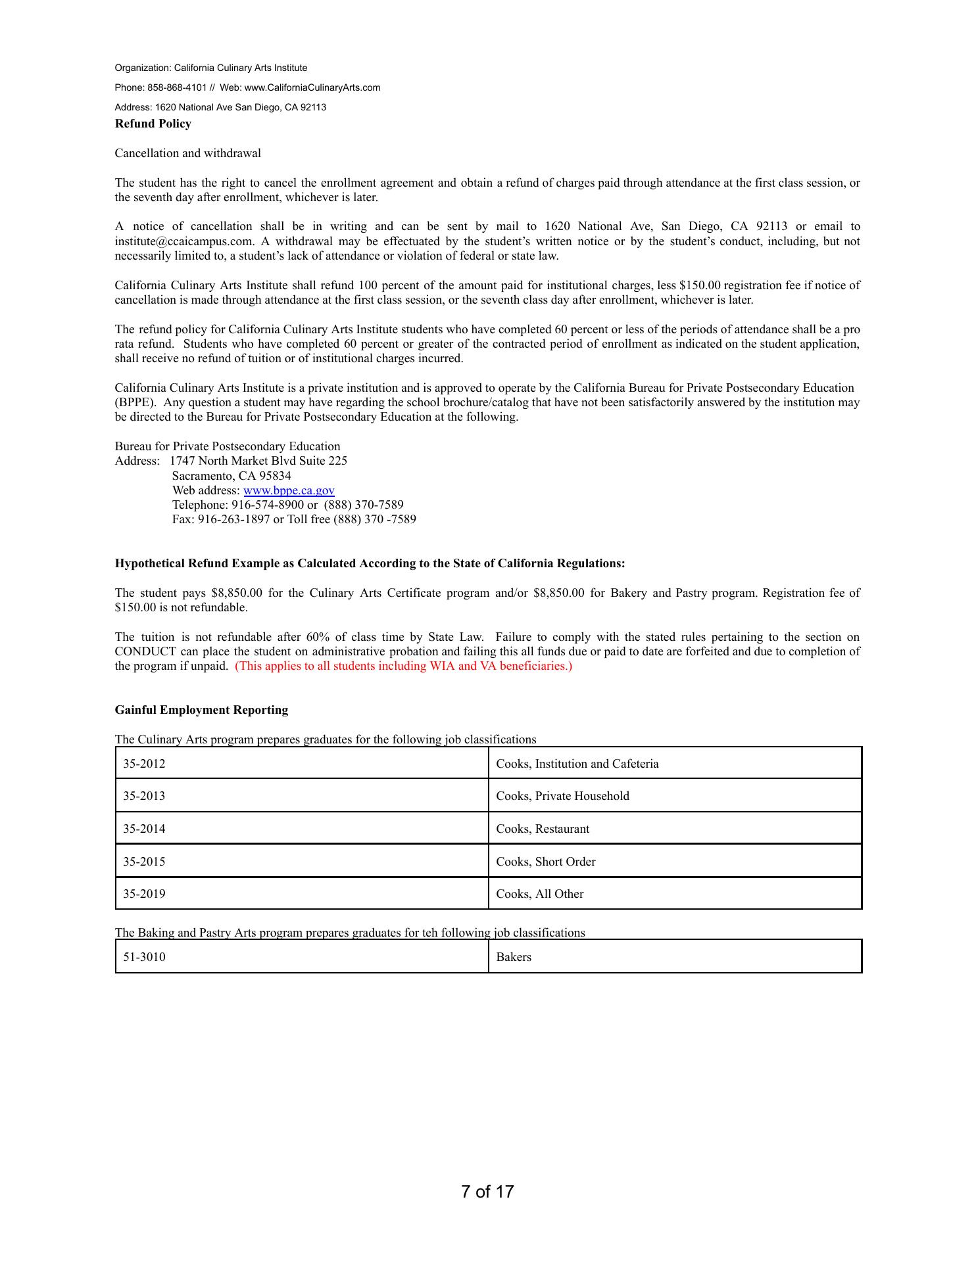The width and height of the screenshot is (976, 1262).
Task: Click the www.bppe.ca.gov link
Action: point(289,490)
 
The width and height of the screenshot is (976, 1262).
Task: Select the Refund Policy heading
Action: point(153,124)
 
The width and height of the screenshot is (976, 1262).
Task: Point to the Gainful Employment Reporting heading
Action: point(201,710)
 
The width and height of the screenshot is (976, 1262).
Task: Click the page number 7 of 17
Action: point(487,1192)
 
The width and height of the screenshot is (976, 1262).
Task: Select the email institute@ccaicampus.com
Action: point(183,241)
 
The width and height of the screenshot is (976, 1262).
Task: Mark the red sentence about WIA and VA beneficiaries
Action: point(403,666)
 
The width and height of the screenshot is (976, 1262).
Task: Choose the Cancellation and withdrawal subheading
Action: point(187,153)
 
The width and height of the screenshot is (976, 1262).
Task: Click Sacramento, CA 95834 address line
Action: point(232,476)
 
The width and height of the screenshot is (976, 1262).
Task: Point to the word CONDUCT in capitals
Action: point(145,651)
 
